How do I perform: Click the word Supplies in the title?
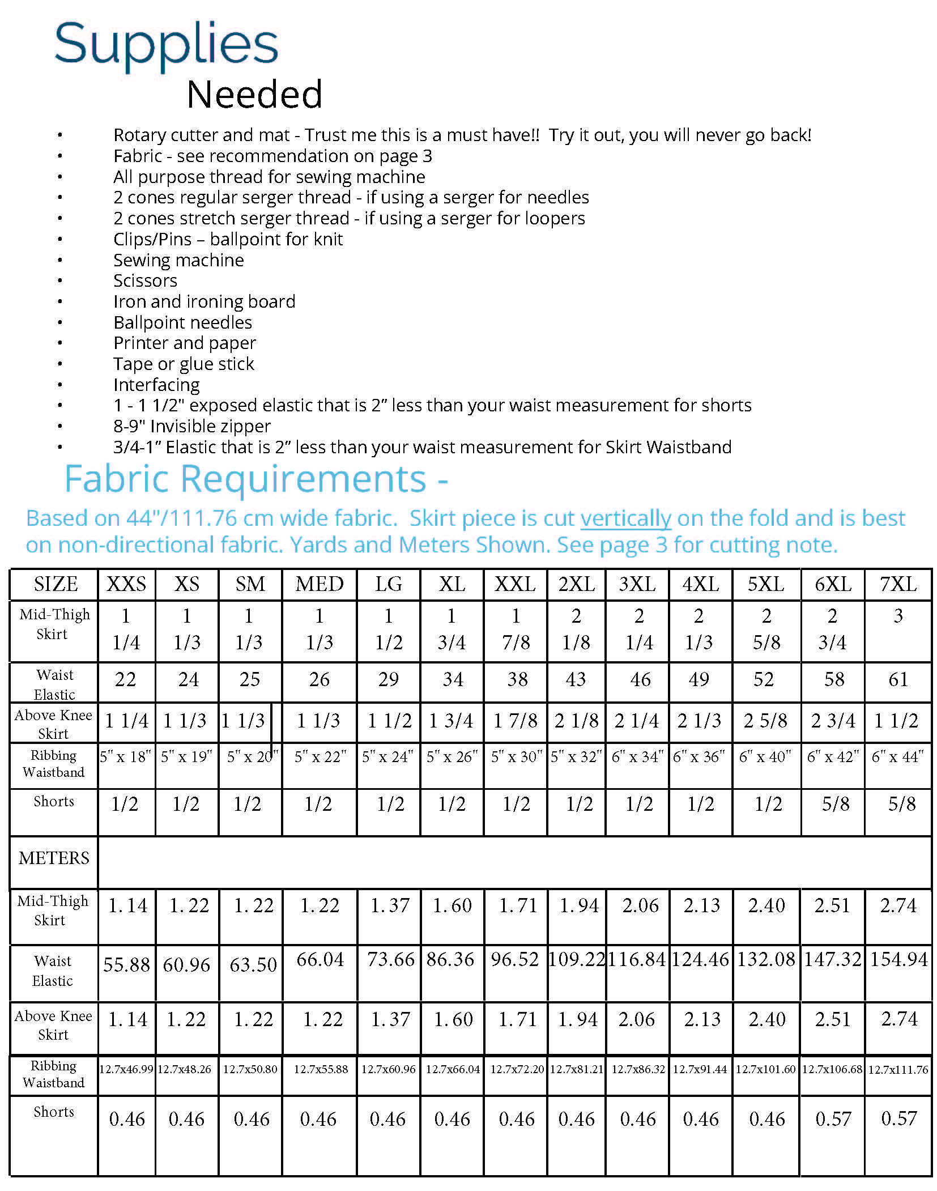pos(166,45)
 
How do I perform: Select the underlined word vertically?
pos(625,518)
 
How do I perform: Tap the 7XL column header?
pos(898,584)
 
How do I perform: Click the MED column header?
pos(320,584)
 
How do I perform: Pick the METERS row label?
pos(54,858)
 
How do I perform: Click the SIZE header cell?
pos(56,584)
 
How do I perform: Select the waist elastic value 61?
pos(898,679)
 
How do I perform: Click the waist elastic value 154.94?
pos(899,959)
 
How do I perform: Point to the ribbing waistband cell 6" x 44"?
pos(897,756)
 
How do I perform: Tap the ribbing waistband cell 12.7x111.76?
pos(898,1069)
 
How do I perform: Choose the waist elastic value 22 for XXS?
pos(125,679)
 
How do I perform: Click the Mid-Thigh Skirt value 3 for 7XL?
pos(898,616)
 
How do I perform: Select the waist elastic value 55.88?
pos(126,964)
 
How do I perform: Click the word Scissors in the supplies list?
pos(145,280)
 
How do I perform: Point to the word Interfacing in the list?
pos(156,385)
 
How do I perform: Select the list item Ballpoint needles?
pos(182,322)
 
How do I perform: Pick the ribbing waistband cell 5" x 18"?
pos(126,756)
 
